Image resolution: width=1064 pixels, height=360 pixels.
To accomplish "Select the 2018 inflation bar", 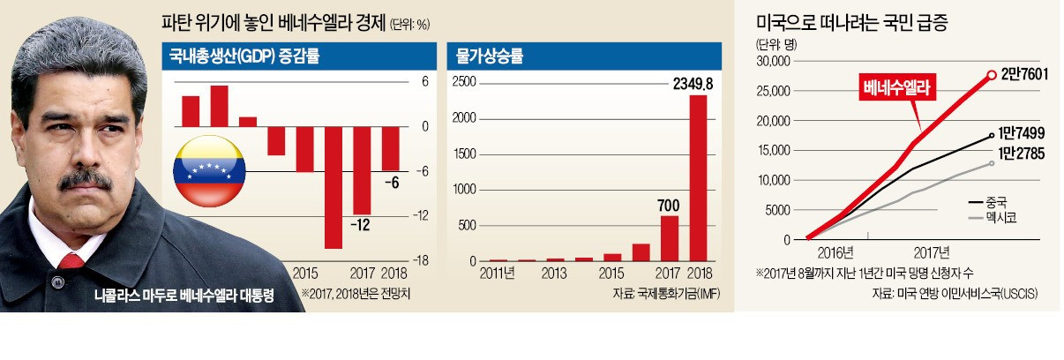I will point(697,177).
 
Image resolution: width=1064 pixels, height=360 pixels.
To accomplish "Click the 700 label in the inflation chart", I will point(669,205).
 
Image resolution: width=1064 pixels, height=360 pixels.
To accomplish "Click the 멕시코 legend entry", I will point(995,216).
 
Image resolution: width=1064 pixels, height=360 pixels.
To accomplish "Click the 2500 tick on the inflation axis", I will point(465,81).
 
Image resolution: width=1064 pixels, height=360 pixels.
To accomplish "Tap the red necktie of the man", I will point(71,261).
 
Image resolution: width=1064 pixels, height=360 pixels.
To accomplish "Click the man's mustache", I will point(86,179).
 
